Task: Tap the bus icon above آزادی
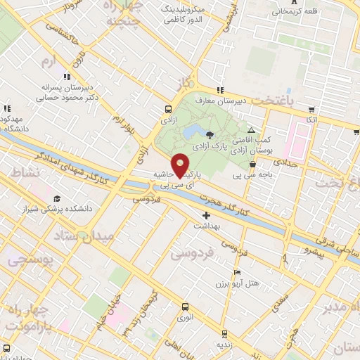pyautogui.click(x=168, y=109)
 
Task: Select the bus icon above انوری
pyautogui.click(x=185, y=307)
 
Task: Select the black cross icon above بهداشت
pyautogui.click(x=205, y=215)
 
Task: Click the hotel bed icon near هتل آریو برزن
pyautogui.click(x=237, y=272)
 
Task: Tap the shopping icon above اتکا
pyautogui.click(x=311, y=110)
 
